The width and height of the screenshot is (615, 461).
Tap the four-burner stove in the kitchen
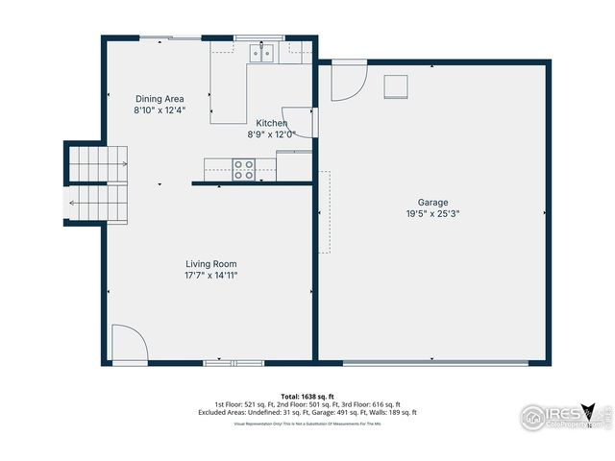click(244, 169)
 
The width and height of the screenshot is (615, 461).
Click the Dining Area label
click(160, 99)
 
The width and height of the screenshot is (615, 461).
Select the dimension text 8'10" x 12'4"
click(160, 110)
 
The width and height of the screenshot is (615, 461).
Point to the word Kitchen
click(271, 123)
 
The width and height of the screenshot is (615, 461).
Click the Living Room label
click(211, 263)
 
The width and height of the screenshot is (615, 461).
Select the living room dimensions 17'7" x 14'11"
click(211, 276)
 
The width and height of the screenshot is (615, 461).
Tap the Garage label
click(432, 203)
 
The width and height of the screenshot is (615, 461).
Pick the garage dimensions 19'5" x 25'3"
click(432, 214)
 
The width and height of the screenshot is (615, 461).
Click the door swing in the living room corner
click(127, 344)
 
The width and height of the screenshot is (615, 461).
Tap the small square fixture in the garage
click(396, 86)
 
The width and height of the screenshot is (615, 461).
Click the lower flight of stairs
click(97, 203)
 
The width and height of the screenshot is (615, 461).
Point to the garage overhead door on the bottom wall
click(435, 363)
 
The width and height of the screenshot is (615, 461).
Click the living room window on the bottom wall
click(234, 363)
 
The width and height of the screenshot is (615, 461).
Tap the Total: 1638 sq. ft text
click(307, 396)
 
